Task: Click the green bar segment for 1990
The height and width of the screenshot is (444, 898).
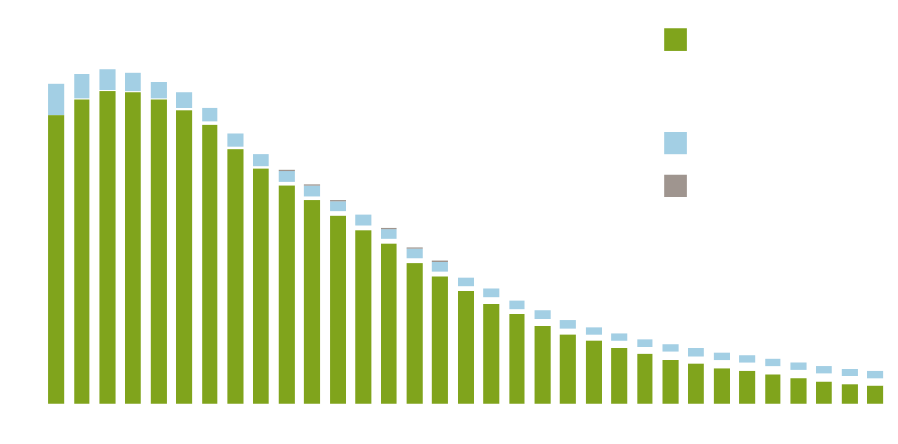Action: (56, 259)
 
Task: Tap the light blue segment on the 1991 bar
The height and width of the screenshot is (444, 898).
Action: (82, 86)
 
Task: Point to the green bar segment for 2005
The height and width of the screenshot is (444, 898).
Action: (439, 340)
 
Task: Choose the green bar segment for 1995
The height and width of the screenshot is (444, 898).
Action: (184, 255)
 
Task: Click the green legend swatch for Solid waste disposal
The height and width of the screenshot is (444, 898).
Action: (674, 39)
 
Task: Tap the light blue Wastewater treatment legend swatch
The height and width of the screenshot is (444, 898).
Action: (674, 143)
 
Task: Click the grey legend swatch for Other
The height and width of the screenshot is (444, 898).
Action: (674, 185)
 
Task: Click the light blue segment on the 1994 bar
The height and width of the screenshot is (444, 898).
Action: (158, 90)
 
